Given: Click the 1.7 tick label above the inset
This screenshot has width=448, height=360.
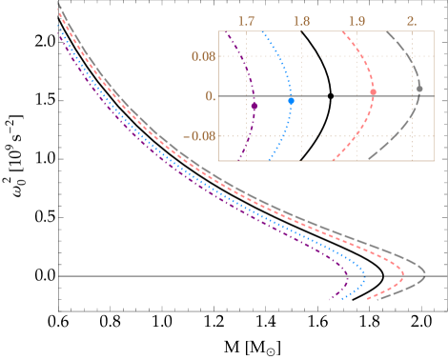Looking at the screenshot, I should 247,20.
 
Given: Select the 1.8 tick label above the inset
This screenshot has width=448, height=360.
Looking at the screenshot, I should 302,20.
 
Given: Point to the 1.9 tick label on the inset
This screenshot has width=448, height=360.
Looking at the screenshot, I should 357,20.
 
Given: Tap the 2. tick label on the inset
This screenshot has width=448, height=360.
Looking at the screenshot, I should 412,20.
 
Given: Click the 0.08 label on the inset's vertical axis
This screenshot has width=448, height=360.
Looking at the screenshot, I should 203,56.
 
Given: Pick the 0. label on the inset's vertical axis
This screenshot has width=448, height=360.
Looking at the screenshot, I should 210,96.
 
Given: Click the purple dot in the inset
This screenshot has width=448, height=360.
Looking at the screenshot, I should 254,106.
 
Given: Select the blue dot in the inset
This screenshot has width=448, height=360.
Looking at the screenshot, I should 291,100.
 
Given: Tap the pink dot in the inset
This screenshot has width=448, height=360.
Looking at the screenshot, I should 373,91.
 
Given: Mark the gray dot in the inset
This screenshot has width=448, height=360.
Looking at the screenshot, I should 419,89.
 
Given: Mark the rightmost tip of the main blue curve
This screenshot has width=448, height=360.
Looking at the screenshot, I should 365,280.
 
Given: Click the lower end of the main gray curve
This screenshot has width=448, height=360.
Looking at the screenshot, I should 375,300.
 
